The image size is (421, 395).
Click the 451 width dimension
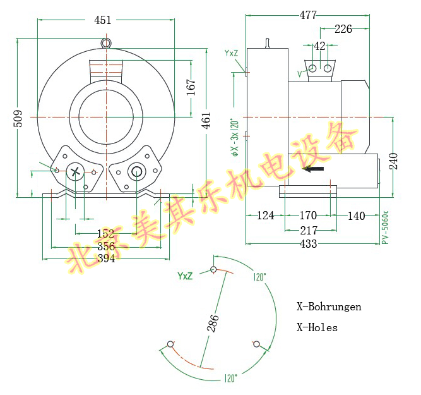point(103,20)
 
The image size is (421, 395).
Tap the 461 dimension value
point(206,120)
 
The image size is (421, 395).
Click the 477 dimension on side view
point(309,15)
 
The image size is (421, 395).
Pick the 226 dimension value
point(343,28)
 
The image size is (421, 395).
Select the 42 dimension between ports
point(320,46)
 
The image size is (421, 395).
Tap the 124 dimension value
point(266,216)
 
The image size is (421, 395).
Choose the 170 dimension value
point(308,216)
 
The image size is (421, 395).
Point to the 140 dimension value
point(356,216)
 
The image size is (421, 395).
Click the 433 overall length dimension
point(308,244)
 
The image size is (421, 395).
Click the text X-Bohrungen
point(329,307)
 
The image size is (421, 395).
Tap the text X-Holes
point(317,327)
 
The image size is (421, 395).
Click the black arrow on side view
point(314,169)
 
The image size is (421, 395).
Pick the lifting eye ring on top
point(106,43)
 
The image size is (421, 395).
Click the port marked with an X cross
point(76,171)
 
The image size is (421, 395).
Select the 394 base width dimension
point(106,258)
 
